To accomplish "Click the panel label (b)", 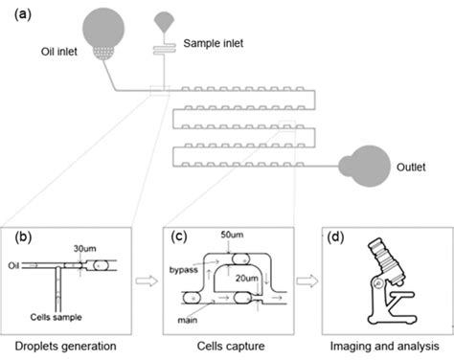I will tap(20, 234).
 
